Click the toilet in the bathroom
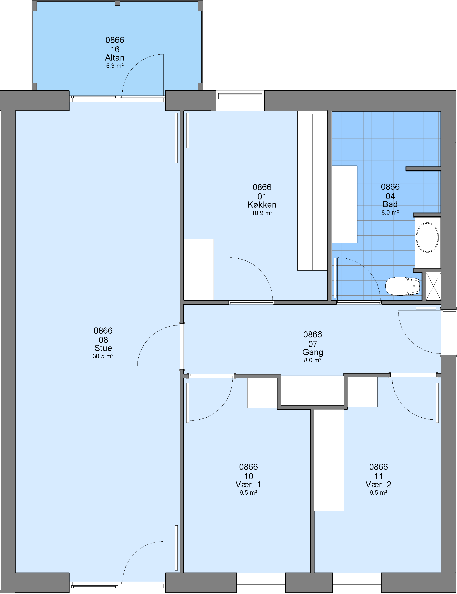click(402, 286)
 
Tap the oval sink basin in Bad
click(427, 237)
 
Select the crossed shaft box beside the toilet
click(433, 286)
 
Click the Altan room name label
click(115, 58)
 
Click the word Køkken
click(262, 205)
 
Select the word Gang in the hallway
click(313, 352)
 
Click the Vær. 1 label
click(248, 484)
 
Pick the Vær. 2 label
click(378, 484)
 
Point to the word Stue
click(103, 348)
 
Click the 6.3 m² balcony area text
click(115, 66)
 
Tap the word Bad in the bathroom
click(390, 204)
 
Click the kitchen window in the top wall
click(240, 96)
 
